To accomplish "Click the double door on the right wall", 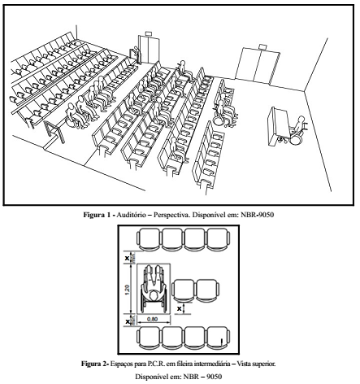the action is (258, 66).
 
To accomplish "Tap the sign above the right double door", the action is (262, 46).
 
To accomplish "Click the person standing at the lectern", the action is (138, 55).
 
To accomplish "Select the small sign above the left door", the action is (149, 33).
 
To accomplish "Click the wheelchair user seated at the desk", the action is (298, 130).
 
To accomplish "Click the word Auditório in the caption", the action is (131, 215).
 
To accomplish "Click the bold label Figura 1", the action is (98, 215).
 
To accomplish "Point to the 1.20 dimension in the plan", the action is (128, 290).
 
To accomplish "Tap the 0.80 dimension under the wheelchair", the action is (152, 319).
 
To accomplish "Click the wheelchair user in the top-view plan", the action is (154, 289).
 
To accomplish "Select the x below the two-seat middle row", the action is (179, 308).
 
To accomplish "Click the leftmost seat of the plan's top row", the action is (150, 239).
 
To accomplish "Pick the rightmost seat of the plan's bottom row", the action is (219, 338).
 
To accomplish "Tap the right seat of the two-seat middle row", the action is (207, 290).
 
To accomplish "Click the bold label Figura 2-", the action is (95, 364).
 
